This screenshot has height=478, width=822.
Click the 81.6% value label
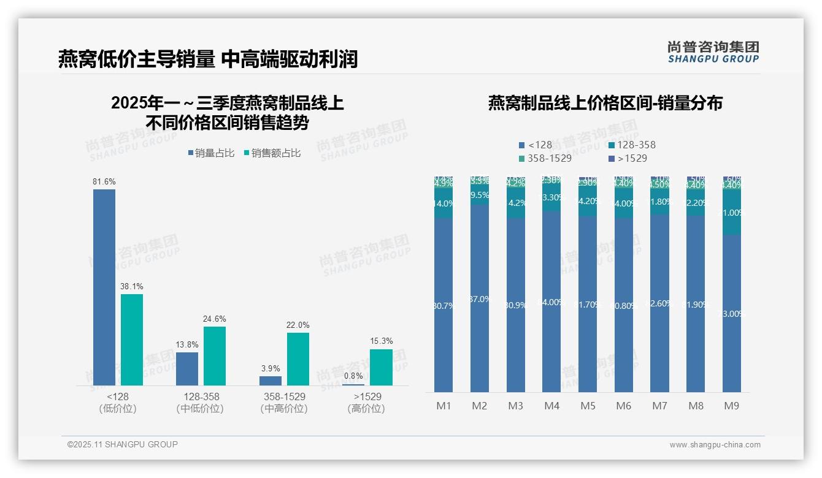coord(104,182)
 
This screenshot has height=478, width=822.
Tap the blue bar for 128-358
coord(187,368)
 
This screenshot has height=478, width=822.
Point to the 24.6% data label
coord(215,319)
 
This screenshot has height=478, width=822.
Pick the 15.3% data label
coord(382,341)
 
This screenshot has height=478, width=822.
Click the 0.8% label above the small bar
coord(353,376)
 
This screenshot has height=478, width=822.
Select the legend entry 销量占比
coord(211,153)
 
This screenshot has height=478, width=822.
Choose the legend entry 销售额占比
coord(272,153)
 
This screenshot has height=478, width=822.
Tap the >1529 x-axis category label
coord(367,402)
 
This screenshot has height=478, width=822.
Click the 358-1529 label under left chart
coord(284,402)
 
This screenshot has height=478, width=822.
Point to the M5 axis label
coord(588,406)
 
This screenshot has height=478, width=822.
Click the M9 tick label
coord(732,406)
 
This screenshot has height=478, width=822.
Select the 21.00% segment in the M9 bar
coord(732,213)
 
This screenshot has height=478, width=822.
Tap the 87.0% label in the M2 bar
coord(480,299)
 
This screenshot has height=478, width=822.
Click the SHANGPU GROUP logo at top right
coord(713,52)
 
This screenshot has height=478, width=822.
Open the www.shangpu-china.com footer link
coord(715,445)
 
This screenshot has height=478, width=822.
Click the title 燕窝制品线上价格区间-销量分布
coord(605,103)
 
